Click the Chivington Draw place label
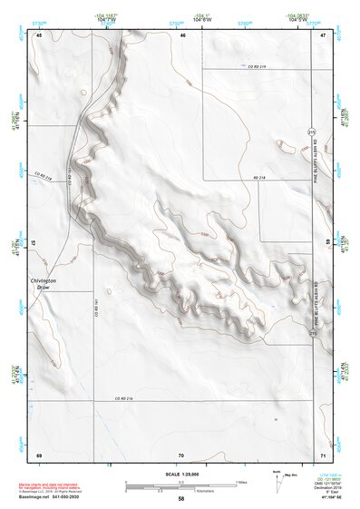pos(44,286)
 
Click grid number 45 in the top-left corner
pos(39,35)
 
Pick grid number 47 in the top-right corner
pos(324,35)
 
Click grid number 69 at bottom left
pos(39,455)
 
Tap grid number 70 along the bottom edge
pos(181,455)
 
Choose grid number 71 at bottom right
pos(324,455)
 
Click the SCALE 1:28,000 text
pos(181,473)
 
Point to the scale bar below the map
pos(181,485)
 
